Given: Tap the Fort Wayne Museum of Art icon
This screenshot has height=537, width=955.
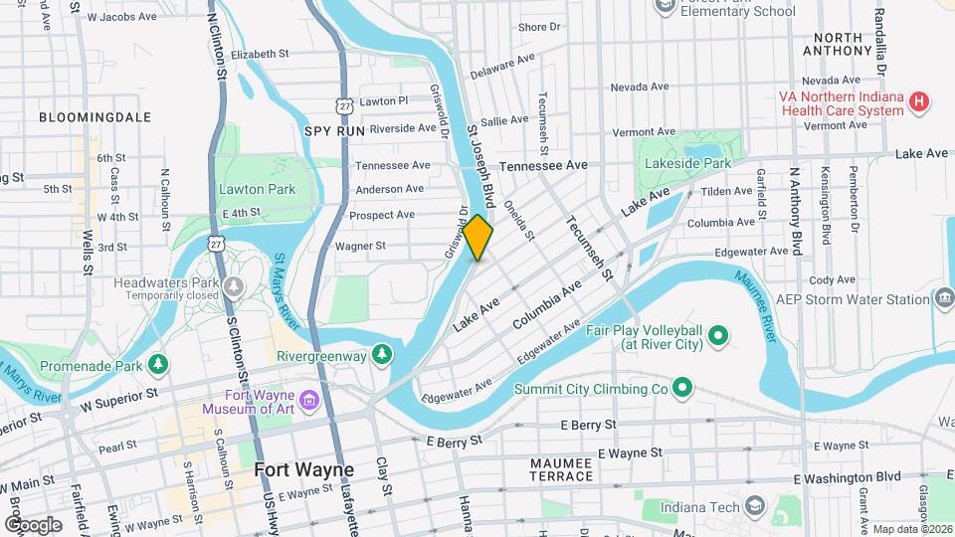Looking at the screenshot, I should (x=309, y=401).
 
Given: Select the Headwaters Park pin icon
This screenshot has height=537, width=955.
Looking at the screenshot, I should (x=234, y=286).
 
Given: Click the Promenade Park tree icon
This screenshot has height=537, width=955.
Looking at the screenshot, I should (x=157, y=364).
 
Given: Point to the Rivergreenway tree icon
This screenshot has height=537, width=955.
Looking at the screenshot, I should (x=381, y=354).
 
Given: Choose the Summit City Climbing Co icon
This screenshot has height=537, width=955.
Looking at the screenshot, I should (x=681, y=387).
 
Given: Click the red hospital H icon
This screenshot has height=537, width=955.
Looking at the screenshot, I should (x=920, y=101).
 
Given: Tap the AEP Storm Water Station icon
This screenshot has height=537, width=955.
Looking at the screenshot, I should (x=944, y=298).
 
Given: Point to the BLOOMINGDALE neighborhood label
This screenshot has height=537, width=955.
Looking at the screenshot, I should (x=95, y=117).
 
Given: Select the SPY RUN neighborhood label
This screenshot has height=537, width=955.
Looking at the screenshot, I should (x=335, y=131).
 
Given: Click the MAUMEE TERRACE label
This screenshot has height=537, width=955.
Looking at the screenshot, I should (x=561, y=469).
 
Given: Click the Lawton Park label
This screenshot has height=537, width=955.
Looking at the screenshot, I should (x=259, y=189).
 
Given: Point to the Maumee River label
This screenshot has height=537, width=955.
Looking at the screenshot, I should (x=768, y=312).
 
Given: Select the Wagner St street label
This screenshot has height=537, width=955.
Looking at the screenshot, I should (x=360, y=246).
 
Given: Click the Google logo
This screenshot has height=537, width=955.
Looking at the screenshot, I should (x=33, y=524).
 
